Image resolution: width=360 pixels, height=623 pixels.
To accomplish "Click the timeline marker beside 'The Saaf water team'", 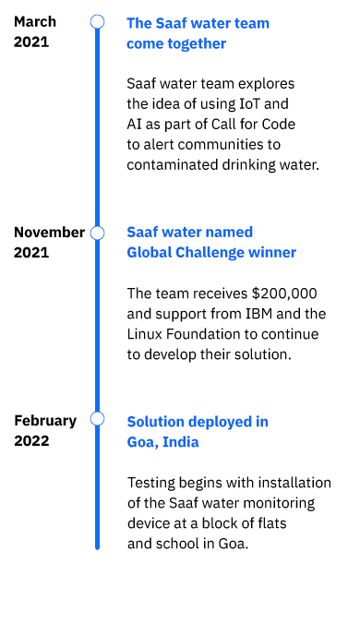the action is coord(97,21).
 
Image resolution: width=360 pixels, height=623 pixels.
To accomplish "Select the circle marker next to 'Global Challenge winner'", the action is coord(97,233).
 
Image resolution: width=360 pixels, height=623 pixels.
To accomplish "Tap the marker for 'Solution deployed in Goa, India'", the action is coord(97,418).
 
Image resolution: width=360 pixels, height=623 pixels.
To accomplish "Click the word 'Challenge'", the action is coord(210,253).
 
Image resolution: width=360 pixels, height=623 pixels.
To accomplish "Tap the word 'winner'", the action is coord(273,253).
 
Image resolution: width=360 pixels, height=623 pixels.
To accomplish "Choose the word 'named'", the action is coord(230,233).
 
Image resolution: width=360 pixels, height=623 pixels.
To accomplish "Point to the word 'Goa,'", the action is coord(141,442).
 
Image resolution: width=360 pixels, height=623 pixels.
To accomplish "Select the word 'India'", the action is coord(181,442).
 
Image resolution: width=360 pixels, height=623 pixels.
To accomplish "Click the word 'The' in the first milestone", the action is coord(138,23).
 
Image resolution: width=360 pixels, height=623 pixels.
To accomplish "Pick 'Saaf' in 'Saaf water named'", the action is coord(141,233).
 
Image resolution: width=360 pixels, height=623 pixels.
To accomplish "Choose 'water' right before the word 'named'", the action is coord(183,233).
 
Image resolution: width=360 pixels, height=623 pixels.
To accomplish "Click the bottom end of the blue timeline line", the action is coord(97,547).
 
